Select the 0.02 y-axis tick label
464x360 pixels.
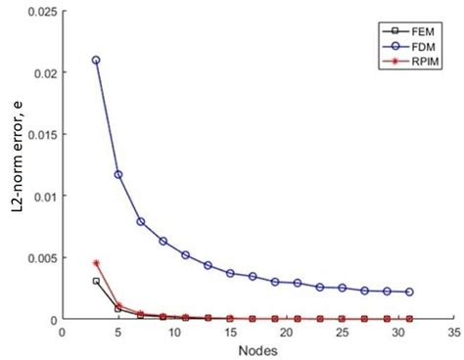(x=40, y=72)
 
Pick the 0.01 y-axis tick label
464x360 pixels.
(x=40, y=196)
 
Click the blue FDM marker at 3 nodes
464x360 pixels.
(x=96, y=60)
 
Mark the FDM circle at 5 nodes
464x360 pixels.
(x=118, y=175)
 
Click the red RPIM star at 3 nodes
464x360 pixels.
(x=96, y=263)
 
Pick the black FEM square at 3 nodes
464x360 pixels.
(x=96, y=281)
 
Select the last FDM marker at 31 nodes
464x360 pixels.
(x=409, y=292)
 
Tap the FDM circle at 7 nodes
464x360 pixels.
(x=141, y=221)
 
